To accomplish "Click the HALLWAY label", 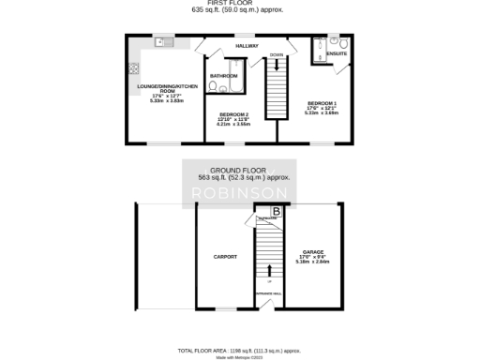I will click(247, 45).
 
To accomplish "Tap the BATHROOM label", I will click(223, 76).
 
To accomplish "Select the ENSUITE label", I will click(337, 53).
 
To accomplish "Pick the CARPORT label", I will click(225, 256).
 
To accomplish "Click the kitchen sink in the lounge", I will click(161, 41).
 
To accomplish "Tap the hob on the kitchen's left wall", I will click(134, 67).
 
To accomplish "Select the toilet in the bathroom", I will click(213, 87).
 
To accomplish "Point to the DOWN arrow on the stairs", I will click(276, 62).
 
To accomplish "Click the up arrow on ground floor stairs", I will click(271, 270).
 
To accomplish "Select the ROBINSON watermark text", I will click(239, 193).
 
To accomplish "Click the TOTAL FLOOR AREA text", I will click(239, 349).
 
